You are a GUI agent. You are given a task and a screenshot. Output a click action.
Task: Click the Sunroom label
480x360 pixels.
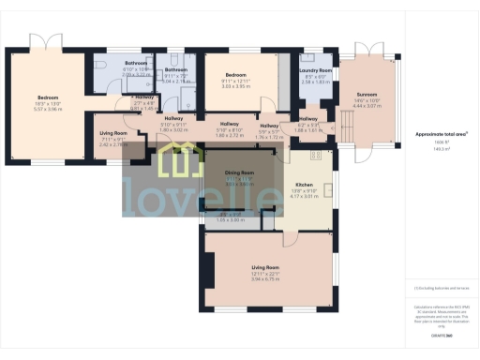(x=366, y=95)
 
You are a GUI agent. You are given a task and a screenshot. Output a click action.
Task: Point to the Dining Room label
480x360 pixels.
(x=239, y=173)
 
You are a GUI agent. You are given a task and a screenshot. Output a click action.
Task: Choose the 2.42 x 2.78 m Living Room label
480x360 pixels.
(x=113, y=133)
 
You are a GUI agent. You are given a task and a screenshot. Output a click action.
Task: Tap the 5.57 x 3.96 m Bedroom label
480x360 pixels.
(x=48, y=97)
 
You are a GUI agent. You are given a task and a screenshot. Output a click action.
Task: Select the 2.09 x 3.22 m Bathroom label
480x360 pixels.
(x=136, y=63)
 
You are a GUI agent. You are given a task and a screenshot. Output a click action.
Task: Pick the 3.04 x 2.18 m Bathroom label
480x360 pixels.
(x=176, y=69)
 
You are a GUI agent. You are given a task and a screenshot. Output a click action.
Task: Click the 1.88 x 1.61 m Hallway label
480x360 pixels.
(x=307, y=120)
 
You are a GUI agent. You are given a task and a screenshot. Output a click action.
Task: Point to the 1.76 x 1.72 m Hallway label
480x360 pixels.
(x=269, y=126)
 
